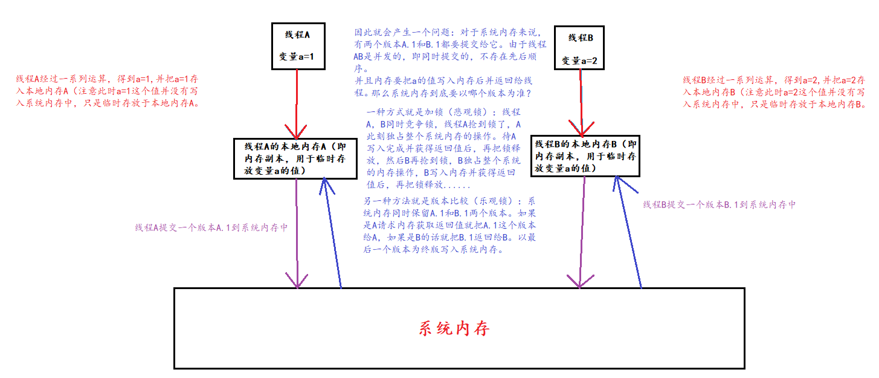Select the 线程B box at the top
tap(581, 48)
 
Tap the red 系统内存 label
tap(454, 328)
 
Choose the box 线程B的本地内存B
tap(584, 156)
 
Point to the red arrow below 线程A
tap(297, 103)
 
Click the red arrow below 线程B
tap(581, 103)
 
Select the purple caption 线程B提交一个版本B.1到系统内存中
tap(719, 204)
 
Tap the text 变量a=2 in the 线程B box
tap(581, 60)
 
